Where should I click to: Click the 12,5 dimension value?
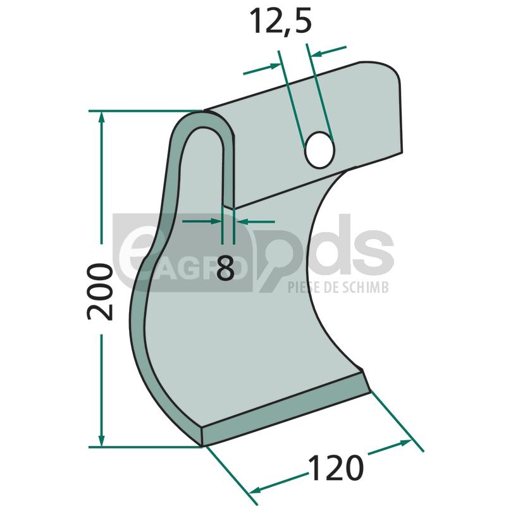tap(280, 22)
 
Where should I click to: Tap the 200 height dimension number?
tap(100, 292)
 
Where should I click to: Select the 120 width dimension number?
tap(336, 467)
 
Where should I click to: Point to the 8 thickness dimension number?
tap(226, 268)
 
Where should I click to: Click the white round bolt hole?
tap(319, 149)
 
